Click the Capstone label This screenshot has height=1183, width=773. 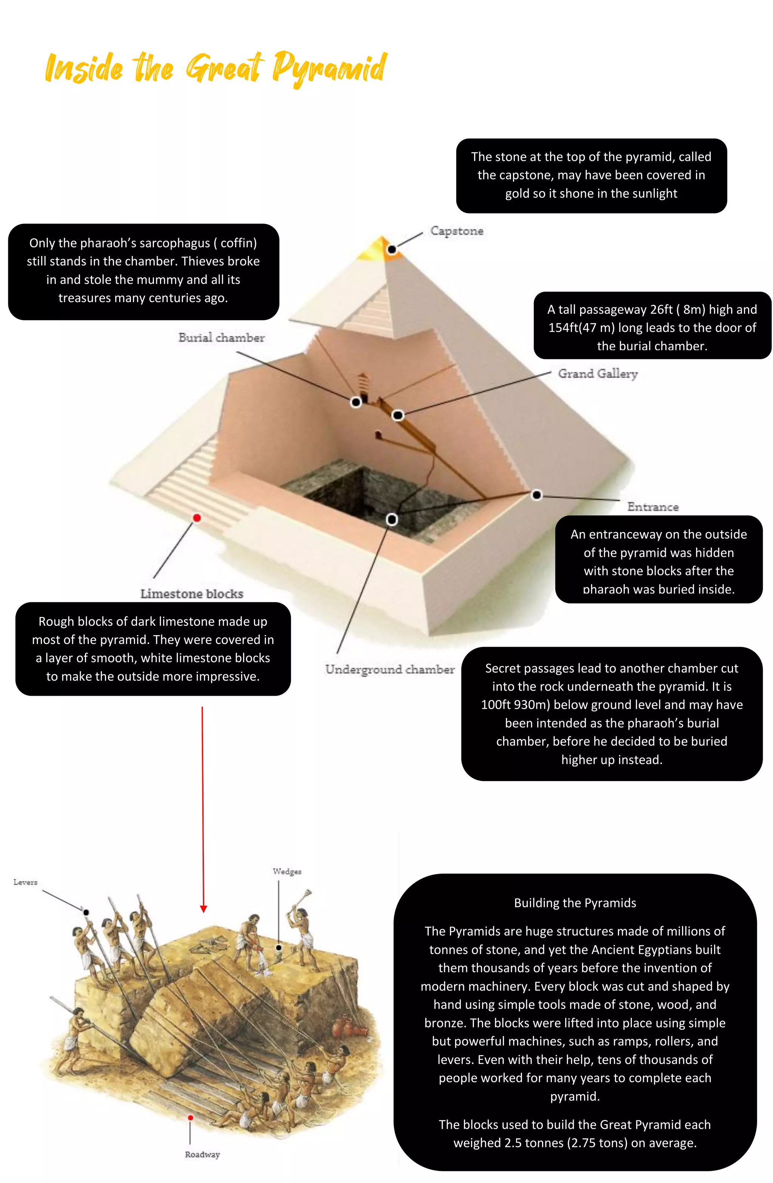pyautogui.click(x=456, y=231)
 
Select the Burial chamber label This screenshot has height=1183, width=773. pyautogui.click(x=221, y=338)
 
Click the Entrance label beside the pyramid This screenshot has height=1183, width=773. pyautogui.click(x=652, y=507)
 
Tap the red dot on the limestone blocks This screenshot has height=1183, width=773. pyautogui.click(x=197, y=518)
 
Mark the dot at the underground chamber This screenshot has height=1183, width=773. pyautogui.click(x=391, y=519)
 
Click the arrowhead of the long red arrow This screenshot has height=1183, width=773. pyautogui.click(x=203, y=909)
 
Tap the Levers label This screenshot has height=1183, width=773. pyautogui.click(x=25, y=882)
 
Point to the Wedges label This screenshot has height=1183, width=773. pyautogui.click(x=286, y=871)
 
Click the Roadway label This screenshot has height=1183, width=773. pyautogui.click(x=202, y=1154)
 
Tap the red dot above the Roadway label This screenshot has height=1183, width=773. pyautogui.click(x=190, y=1118)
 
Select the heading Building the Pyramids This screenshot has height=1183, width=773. pyautogui.click(x=575, y=903)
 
